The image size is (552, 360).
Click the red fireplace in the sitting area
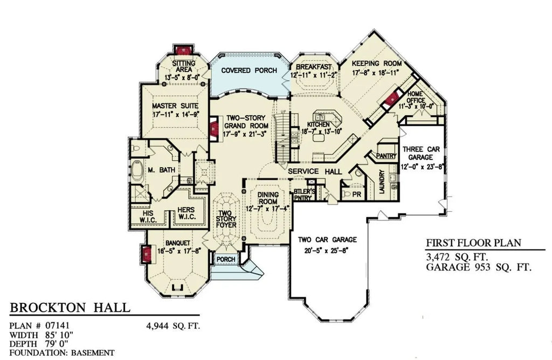coord(182,50)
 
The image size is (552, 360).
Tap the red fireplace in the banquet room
coord(145,253)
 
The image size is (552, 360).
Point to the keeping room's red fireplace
coord(391,99)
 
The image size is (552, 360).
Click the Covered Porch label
coord(249,70)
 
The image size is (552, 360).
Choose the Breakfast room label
coord(314,66)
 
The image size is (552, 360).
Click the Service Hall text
coord(315,171)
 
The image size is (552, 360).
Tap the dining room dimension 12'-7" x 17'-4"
coord(267,208)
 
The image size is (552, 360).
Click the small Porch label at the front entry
coord(225,260)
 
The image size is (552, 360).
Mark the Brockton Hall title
coord(70,308)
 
